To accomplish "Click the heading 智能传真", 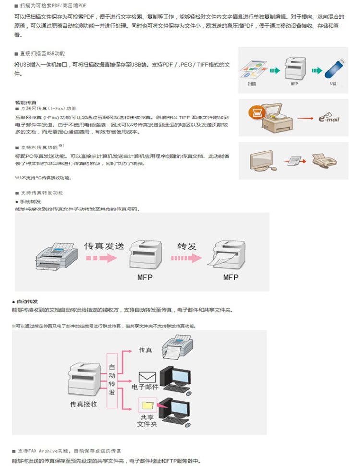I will pos(26,102).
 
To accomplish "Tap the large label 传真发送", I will pos(104,246).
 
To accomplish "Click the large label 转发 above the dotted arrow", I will pos(187,246).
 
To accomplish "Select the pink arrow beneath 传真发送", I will pos(102,258).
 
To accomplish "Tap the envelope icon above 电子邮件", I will pos(146,377).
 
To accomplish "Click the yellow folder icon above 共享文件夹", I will pos(145,405).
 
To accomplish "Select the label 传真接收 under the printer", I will pos(84,404).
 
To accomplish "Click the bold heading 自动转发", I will pos(27,302).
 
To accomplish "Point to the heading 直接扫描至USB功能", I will pos(42,53).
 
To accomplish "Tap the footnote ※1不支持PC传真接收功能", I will pos(43,178).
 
